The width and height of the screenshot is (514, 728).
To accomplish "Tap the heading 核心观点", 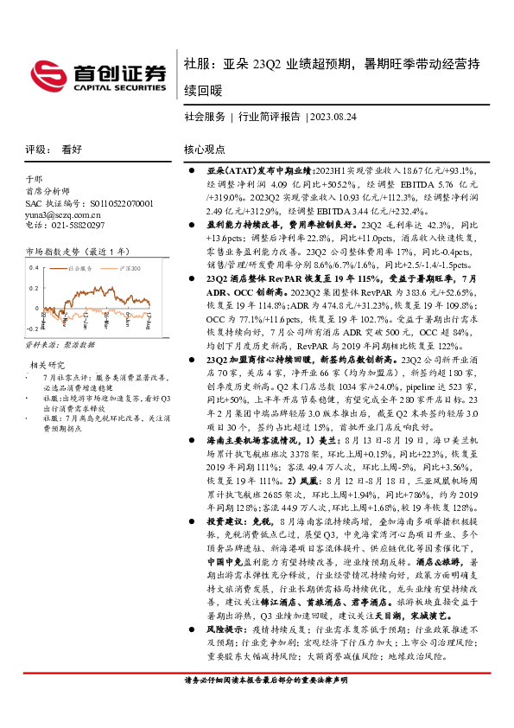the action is click(x=204, y=149).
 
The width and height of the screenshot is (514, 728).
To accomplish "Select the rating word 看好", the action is click(x=72, y=149).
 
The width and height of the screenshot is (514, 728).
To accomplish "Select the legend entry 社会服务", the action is click(x=79, y=270).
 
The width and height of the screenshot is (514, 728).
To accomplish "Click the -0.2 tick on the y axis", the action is click(x=31, y=329).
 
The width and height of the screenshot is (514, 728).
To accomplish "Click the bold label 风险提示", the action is click(x=223, y=633).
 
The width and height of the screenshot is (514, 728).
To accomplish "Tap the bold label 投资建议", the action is click(x=223, y=522).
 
